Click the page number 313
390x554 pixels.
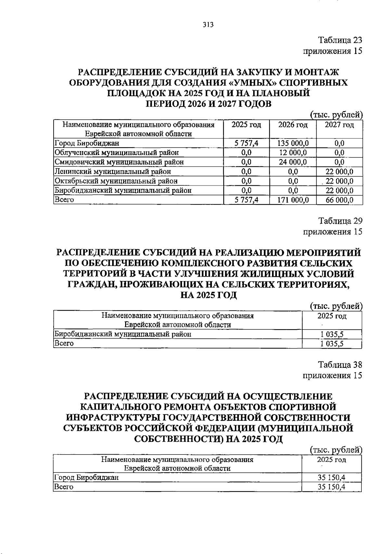click(x=208, y=25)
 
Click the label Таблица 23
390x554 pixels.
click(x=340, y=40)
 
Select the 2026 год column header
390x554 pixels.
click(x=293, y=125)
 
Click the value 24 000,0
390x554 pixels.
click(x=293, y=162)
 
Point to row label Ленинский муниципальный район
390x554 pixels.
click(x=113, y=171)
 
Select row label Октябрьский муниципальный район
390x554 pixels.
click(x=116, y=181)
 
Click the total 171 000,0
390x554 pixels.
click(x=293, y=200)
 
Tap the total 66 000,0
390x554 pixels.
click(x=340, y=200)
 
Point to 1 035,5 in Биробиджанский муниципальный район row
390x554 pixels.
click(x=332, y=334)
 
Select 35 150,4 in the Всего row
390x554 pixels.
click(x=331, y=487)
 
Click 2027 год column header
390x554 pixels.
click(x=339, y=125)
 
